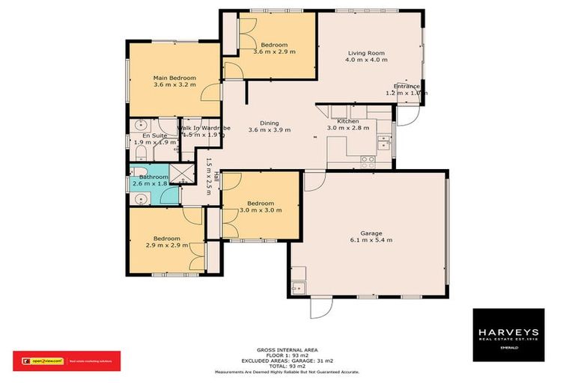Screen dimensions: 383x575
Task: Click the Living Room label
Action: [366, 53]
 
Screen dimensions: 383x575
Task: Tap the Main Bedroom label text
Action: [174, 78]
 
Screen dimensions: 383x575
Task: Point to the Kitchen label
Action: [348, 121]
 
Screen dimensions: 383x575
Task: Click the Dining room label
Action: [269, 123]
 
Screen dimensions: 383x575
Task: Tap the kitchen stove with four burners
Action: [368, 159]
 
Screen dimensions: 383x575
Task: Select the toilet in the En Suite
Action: [141, 153]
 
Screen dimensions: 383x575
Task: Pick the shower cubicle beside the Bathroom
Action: [180, 173]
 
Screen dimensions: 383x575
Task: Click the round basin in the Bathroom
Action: [140, 199]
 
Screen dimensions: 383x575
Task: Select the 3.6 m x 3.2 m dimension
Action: [174, 85]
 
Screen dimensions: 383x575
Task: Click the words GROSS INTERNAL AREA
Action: [287, 349]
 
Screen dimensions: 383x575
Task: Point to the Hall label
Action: [216, 177]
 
